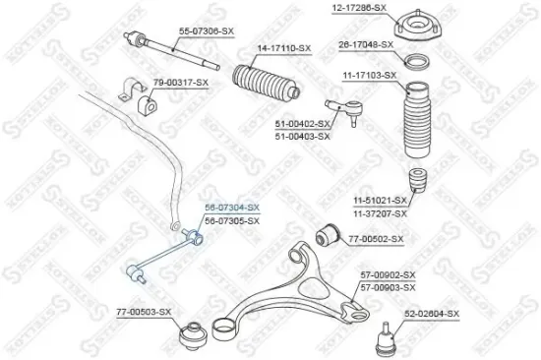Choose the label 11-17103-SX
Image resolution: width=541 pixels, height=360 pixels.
coord(369,75)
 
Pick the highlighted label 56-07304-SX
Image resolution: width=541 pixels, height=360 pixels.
coord(231,208)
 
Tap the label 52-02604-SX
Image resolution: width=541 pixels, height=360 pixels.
coord(432,315)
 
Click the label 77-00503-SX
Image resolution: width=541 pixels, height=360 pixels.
coord(145,312)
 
